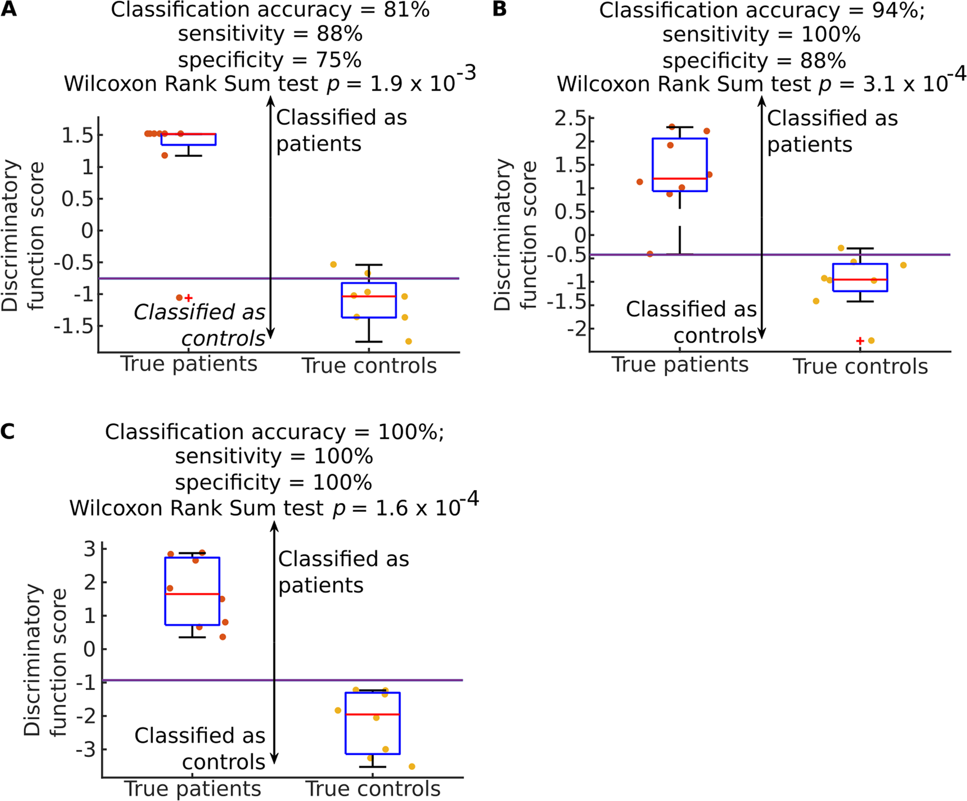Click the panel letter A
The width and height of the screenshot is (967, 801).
(x=8, y=9)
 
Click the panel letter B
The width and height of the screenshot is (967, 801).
(x=499, y=9)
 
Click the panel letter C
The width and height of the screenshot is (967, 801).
(x=8, y=431)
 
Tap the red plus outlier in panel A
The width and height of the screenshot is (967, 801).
(x=189, y=298)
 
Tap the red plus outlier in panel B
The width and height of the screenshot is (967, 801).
(x=860, y=341)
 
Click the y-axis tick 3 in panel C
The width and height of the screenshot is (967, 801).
(x=89, y=549)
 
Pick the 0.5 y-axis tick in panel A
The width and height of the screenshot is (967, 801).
(x=78, y=199)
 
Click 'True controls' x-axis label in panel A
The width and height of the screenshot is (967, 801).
(x=369, y=366)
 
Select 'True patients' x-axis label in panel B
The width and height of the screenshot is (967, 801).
(x=680, y=365)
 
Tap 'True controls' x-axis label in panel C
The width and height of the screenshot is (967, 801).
(x=373, y=789)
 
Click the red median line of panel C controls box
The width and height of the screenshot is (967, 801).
(x=373, y=715)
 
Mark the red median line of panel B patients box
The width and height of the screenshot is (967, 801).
(x=680, y=179)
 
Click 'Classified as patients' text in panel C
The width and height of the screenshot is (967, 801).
(x=343, y=572)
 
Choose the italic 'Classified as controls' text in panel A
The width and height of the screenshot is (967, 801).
(x=200, y=325)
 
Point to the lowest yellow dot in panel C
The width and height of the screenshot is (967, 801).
(x=411, y=766)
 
